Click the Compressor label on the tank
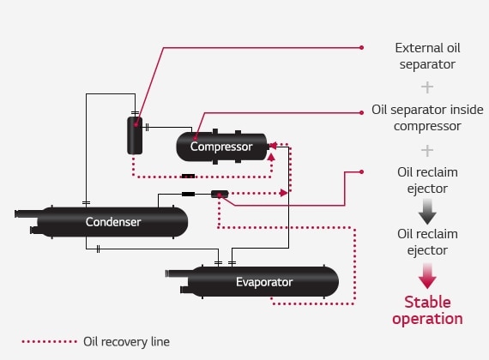pyautogui.click(x=221, y=147)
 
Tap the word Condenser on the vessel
pyautogui.click(x=113, y=222)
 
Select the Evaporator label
pyautogui.click(x=264, y=281)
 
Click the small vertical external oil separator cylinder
pyautogui.click(x=135, y=135)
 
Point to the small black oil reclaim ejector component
pyautogui.click(x=220, y=195)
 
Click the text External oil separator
pyautogui.click(x=426, y=55)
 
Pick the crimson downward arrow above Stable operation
pyautogui.click(x=426, y=275)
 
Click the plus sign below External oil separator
pyautogui.click(x=426, y=87)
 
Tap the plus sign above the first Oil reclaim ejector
pyautogui.click(x=426, y=150)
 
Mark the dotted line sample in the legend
pyautogui.click(x=49, y=341)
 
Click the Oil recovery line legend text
pyautogui.click(x=126, y=341)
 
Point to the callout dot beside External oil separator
pyautogui.click(x=361, y=47)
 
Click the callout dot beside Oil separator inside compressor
pyautogui.click(x=361, y=111)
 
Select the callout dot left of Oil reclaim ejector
pyautogui.click(x=361, y=171)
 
